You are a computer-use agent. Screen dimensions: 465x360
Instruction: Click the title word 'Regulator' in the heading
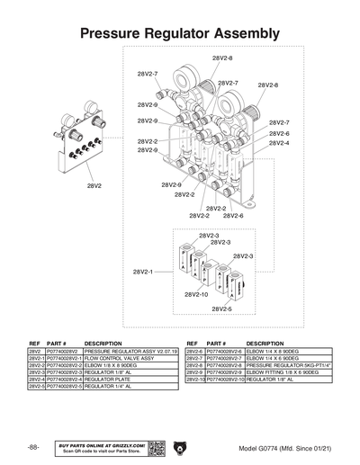pyautogui.click(x=181, y=33)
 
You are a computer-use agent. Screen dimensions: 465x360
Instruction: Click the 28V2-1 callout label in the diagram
pyautogui.click(x=144, y=271)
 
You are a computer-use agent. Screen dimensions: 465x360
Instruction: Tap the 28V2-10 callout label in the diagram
pyautogui.click(x=197, y=294)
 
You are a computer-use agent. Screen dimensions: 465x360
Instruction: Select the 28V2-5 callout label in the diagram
pyautogui.click(x=221, y=309)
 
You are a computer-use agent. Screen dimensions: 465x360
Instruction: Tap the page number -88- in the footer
pyautogui.click(x=33, y=447)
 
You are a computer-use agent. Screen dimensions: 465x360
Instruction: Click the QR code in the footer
pyautogui.click(x=154, y=447)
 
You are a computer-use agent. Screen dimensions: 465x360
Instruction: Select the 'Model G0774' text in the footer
pyautogui.click(x=259, y=448)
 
